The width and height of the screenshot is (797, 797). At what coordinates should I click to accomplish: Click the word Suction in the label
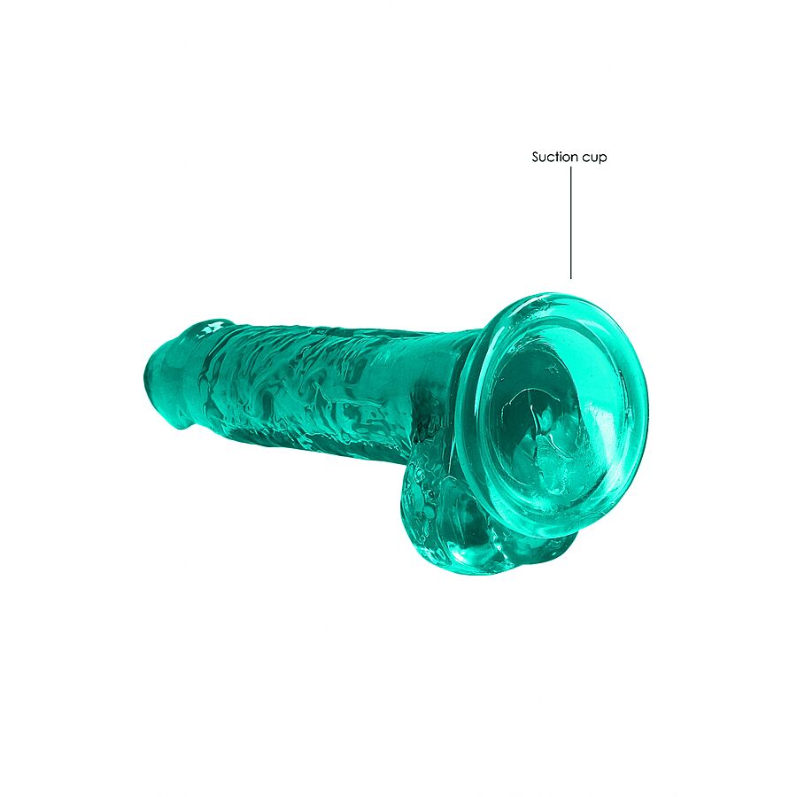[x=554, y=158]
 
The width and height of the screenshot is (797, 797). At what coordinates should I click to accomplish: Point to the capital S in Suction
[x=536, y=158]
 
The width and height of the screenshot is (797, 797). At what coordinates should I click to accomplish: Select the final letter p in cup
[x=603, y=159]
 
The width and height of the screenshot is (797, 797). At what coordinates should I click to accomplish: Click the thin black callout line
[x=571, y=221]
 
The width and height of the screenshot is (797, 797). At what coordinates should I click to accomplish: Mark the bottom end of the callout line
[x=571, y=278]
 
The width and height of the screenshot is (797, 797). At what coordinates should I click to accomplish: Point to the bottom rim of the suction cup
[x=540, y=531]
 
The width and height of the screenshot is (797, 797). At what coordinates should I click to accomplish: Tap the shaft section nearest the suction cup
[x=425, y=390]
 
